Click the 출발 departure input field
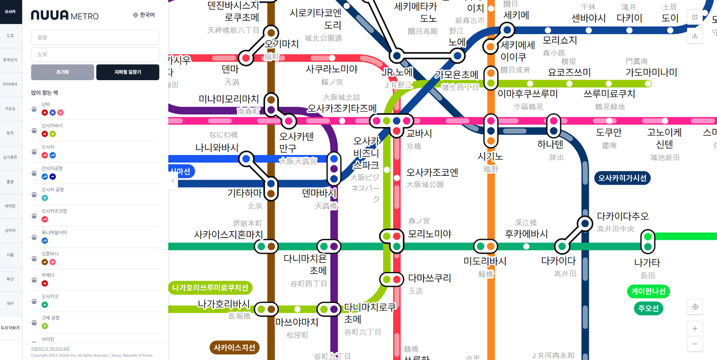(x=95, y=38)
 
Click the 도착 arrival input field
(x=95, y=54)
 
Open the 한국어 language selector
(x=144, y=15)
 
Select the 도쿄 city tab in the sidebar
(x=11, y=35)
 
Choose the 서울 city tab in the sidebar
(x=11, y=255)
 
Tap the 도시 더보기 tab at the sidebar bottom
(x=11, y=328)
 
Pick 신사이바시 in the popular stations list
(x=52, y=125)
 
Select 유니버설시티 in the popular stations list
(x=54, y=232)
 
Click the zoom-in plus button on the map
(x=695, y=329)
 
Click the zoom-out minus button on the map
(x=695, y=343)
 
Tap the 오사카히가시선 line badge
(x=622, y=179)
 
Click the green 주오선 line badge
(x=648, y=308)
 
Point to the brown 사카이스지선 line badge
(x=235, y=348)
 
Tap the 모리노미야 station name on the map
(x=430, y=233)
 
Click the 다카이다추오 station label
(x=622, y=216)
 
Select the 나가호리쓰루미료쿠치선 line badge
(x=210, y=288)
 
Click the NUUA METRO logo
(x=64, y=16)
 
